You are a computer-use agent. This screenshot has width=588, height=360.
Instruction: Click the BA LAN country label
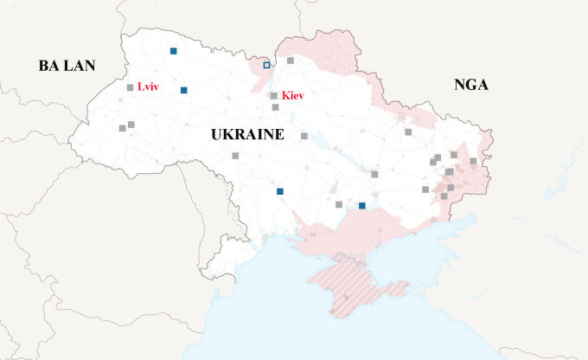[x=66, y=66]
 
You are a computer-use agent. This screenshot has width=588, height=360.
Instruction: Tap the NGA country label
[x=471, y=84]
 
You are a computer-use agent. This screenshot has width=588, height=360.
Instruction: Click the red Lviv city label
[x=148, y=87]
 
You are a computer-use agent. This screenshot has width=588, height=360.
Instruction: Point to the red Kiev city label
[x=294, y=95]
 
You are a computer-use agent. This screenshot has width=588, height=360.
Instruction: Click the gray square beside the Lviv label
[x=130, y=87]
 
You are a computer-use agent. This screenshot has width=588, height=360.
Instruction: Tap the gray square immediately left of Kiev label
[x=274, y=96]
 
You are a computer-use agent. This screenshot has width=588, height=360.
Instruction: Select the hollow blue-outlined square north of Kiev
[x=266, y=65]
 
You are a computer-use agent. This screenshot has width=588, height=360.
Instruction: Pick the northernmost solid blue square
[x=174, y=51]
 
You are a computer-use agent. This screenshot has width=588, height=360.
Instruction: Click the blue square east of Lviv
[x=183, y=90]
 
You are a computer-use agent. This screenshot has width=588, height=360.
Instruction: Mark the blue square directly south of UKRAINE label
[x=279, y=191]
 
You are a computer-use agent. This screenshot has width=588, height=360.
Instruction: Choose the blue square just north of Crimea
[x=362, y=205]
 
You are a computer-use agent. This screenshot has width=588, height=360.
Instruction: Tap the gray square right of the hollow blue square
[x=291, y=61]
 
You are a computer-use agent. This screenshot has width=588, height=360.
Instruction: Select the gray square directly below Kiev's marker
[x=275, y=107]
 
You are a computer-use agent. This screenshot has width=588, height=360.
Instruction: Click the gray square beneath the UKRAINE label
[x=235, y=156]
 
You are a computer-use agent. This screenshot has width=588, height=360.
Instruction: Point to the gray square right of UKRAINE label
[x=304, y=136]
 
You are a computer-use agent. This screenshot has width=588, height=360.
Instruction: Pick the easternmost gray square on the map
[x=473, y=161]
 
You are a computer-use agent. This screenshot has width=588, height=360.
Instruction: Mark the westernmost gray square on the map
[x=122, y=128]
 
